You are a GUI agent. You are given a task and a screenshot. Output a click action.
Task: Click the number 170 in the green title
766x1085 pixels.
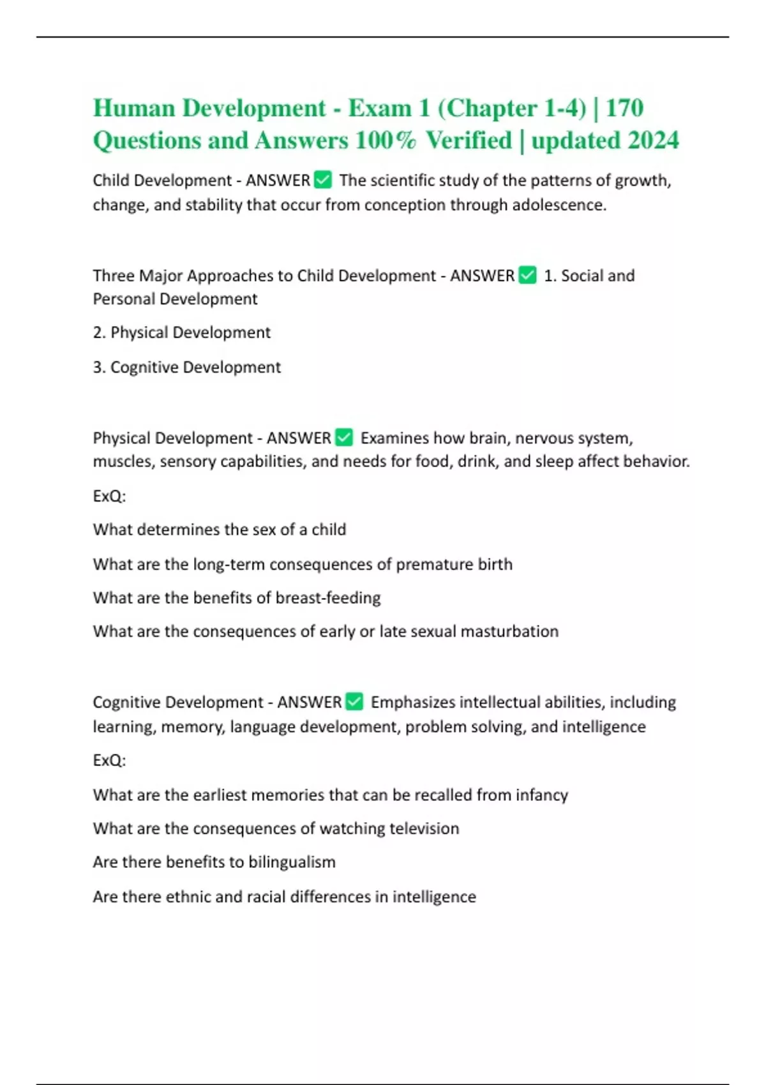pos(624,108)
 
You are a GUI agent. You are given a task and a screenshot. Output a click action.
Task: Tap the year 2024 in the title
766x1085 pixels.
pos(653,140)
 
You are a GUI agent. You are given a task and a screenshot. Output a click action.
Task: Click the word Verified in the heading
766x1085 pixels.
pos(469,140)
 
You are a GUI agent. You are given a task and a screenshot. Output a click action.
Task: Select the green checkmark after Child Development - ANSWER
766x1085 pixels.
pos(324,181)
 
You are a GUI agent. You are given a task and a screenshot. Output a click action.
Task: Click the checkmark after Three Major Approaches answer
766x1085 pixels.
pos(528,275)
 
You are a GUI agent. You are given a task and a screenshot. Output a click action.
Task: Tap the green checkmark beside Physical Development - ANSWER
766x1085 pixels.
pos(344,438)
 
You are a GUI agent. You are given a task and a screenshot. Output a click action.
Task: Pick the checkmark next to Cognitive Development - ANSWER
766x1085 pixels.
pos(354,702)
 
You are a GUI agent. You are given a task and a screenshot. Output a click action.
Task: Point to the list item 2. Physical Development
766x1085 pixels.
pos(182,333)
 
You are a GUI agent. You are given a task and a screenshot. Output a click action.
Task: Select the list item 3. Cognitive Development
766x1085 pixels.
pos(187,367)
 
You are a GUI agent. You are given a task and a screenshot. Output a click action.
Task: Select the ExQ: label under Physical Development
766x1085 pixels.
pos(109,496)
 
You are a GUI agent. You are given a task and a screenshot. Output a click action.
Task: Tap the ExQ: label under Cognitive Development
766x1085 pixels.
pos(109,760)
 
